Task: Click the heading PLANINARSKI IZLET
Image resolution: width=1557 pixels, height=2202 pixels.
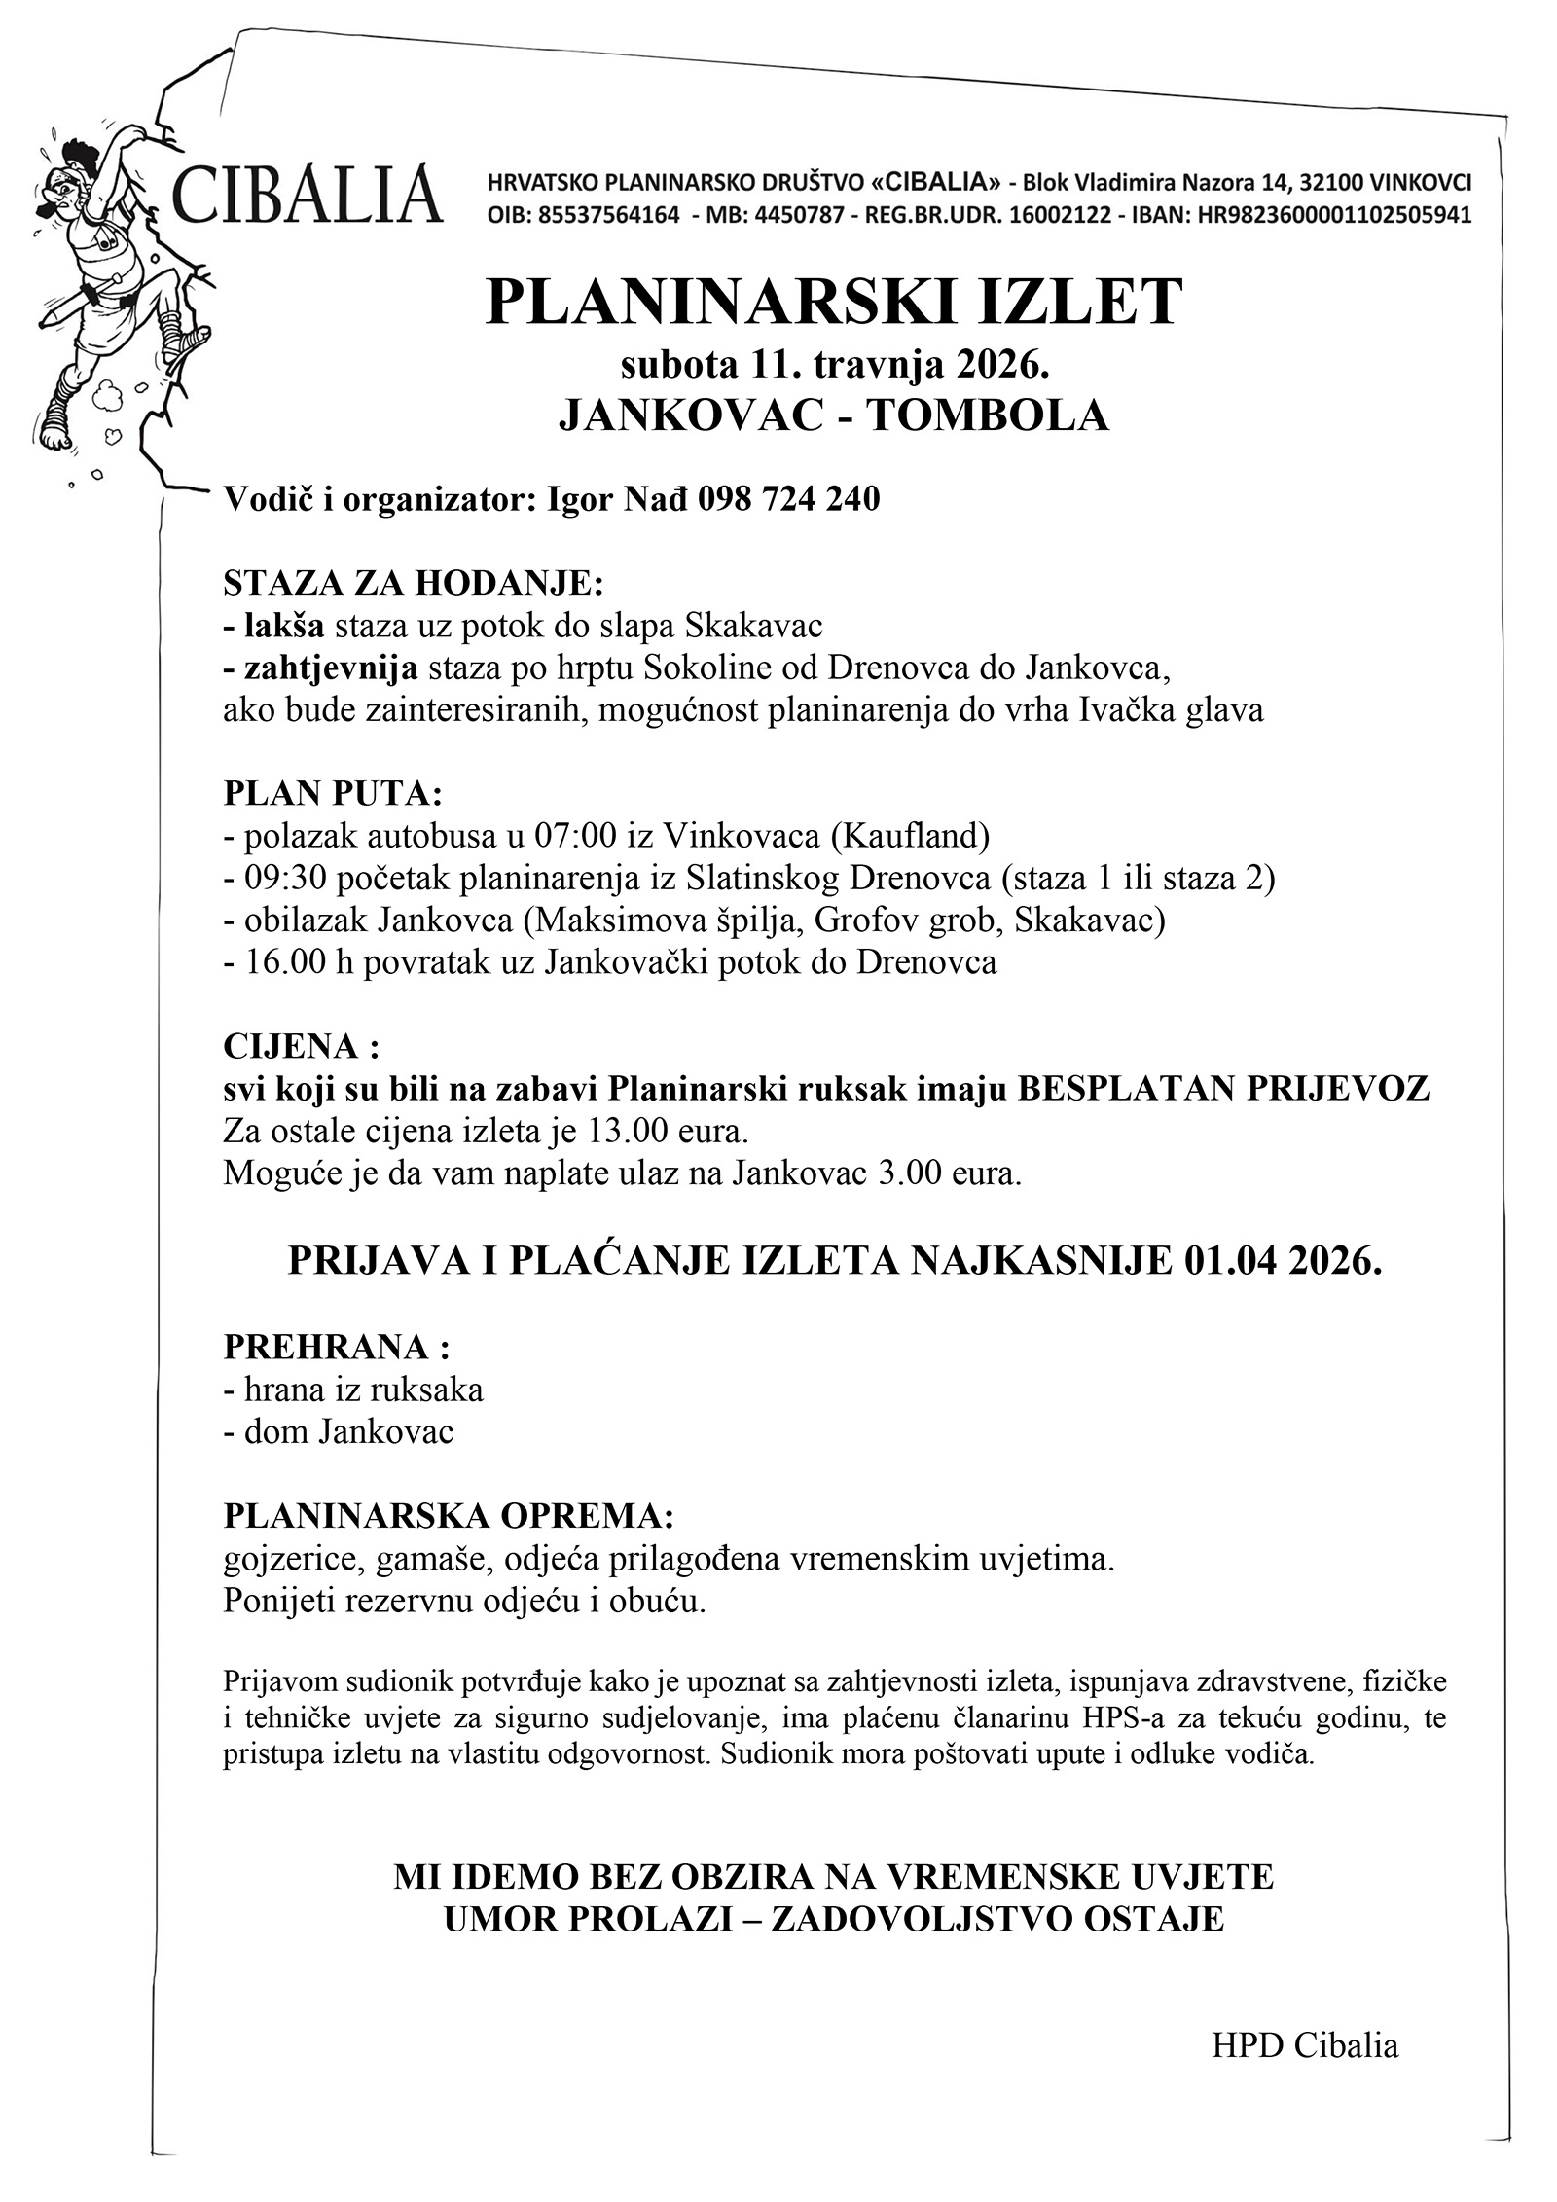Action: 834,303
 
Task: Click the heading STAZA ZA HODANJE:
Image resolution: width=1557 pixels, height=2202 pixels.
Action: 414,583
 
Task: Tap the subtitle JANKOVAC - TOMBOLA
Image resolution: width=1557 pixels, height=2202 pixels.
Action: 833,415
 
